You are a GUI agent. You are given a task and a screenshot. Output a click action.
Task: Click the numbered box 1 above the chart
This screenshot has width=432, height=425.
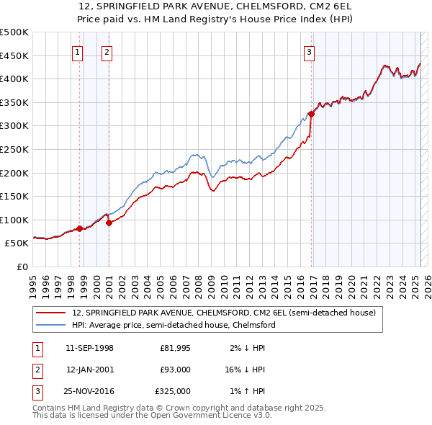pyautogui.click(x=77, y=52)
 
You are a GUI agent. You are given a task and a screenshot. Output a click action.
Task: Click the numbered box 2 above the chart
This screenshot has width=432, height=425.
pyautogui.click(x=106, y=52)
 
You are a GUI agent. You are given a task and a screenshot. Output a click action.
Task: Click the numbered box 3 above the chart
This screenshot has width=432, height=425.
pyautogui.click(x=308, y=52)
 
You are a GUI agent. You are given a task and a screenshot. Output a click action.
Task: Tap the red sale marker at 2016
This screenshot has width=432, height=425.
pyautogui.click(x=312, y=114)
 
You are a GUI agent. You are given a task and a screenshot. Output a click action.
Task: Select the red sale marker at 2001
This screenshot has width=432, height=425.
pyautogui.click(x=109, y=223)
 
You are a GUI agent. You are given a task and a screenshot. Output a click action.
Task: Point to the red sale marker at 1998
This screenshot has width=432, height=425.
pyautogui.click(x=79, y=228)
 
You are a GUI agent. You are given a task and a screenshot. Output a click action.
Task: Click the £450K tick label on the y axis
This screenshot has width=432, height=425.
pyautogui.click(x=14, y=55)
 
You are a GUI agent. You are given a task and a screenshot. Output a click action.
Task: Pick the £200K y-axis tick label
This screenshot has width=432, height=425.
pyautogui.click(x=14, y=173)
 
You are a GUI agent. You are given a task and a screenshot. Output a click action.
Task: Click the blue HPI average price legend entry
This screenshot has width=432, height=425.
pyautogui.click(x=173, y=325)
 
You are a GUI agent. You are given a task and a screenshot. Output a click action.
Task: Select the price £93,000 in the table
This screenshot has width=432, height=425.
pyautogui.click(x=175, y=370)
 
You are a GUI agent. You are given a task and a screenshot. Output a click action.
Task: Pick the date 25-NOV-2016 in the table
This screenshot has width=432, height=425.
pyautogui.click(x=89, y=391)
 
